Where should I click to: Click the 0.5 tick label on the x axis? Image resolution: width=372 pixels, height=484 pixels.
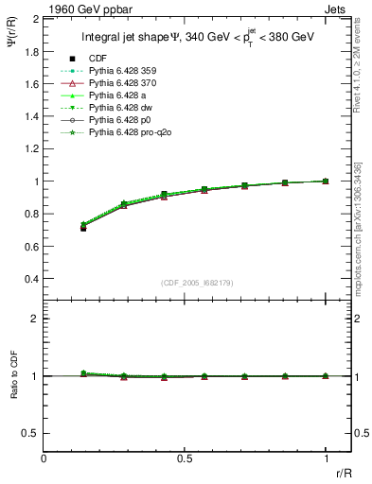[x=185, y=458]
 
